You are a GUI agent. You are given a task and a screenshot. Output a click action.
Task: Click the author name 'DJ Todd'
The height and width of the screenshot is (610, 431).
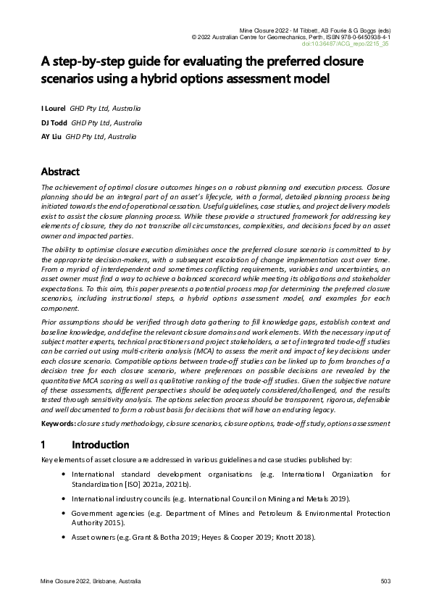tap(55, 122)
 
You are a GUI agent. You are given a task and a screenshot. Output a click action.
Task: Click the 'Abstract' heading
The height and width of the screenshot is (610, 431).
tap(60, 172)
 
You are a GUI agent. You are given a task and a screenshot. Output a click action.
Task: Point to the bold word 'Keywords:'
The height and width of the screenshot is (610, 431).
tap(59, 422)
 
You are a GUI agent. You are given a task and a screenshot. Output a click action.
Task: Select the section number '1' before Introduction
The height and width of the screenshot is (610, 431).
tap(43, 444)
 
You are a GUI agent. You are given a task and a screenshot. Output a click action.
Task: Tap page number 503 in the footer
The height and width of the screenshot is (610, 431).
tap(385, 582)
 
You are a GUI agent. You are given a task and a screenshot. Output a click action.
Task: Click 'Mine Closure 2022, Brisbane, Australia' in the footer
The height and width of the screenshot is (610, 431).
tap(91, 582)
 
